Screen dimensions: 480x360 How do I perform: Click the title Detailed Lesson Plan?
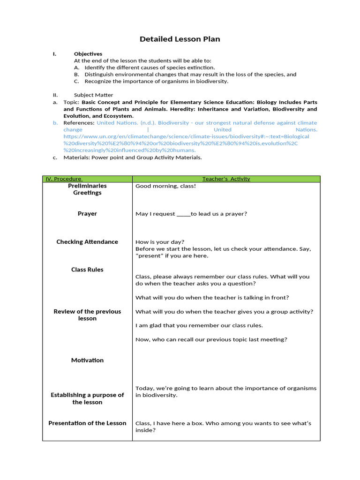coord(180,39)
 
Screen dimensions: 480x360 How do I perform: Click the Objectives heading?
coord(88,54)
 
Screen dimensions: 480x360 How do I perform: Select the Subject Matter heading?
coord(93,95)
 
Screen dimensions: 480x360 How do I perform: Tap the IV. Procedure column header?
coord(63,179)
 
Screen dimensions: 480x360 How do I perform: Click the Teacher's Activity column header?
coord(226,179)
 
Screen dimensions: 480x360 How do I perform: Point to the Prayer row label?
coord(87,214)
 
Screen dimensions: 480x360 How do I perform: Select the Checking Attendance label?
coord(87,242)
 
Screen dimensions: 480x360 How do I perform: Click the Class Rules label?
coord(87,270)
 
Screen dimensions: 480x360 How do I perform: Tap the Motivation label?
coord(87,360)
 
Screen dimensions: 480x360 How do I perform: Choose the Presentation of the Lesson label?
coord(87,423)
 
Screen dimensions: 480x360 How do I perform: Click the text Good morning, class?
coord(165,186)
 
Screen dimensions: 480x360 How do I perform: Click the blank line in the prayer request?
coord(183,214)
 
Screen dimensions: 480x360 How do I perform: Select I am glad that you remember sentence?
coord(199,325)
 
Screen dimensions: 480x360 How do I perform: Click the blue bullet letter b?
coord(55,123)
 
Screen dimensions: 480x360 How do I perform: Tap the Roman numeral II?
coord(55,95)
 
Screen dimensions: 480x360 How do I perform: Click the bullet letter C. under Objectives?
coord(76,81)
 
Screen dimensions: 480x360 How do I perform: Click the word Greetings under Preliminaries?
coord(87,193)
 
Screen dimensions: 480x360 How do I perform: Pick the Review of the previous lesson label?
coord(87,315)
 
